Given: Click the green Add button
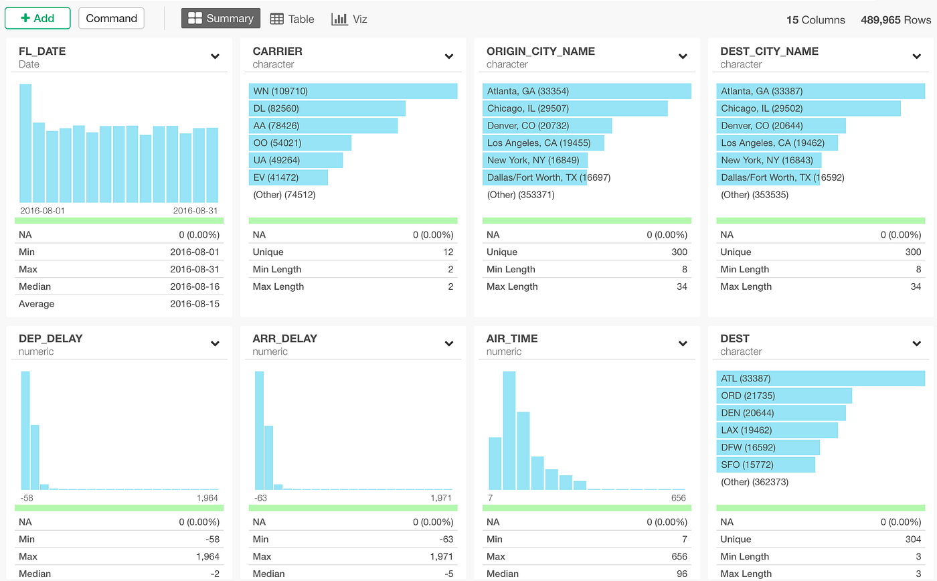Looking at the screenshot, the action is click(x=37, y=18).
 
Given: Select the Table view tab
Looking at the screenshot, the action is click(x=292, y=19).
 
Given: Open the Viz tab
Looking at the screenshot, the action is click(x=349, y=19).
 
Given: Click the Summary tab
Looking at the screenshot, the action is click(x=220, y=18).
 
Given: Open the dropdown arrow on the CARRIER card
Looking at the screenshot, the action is click(x=449, y=56).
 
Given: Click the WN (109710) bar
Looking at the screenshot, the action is click(x=353, y=91).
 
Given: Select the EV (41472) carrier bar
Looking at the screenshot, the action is click(x=288, y=177).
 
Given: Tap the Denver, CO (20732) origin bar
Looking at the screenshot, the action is click(x=547, y=125).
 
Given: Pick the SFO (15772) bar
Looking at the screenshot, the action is click(x=766, y=465).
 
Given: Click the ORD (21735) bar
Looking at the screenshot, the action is click(x=784, y=396).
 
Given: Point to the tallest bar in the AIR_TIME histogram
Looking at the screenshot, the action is click(x=509, y=430).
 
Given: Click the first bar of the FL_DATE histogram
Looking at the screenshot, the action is click(x=25, y=143).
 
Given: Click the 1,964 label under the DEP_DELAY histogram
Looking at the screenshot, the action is click(x=207, y=498).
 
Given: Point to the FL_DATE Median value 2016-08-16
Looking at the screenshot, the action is click(x=195, y=286).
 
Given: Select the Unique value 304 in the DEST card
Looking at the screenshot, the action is click(x=913, y=539).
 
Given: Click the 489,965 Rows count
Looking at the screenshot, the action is click(x=896, y=19).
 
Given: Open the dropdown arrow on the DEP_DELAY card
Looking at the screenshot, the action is click(x=215, y=344).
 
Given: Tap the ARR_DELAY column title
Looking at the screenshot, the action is click(x=285, y=339).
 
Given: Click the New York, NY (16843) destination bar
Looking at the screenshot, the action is click(x=769, y=160).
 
